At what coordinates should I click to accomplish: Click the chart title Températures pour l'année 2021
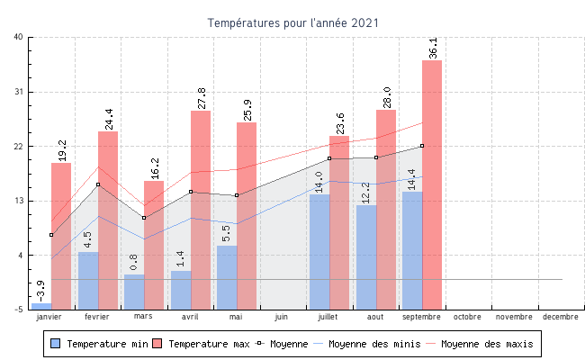pyautogui.click(x=293, y=22)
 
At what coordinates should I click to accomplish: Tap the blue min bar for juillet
pyautogui.click(x=319, y=252)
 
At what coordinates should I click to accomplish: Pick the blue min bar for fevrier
pyautogui.click(x=88, y=280)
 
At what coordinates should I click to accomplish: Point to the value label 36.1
pyautogui.click(x=434, y=48)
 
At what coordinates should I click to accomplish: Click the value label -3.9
pyautogui.click(x=40, y=290)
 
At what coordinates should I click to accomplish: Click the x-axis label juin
pyautogui.click(x=282, y=317)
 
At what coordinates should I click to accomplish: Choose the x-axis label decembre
pyautogui.click(x=561, y=317)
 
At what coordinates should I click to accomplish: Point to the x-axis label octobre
pyautogui.click(x=467, y=317)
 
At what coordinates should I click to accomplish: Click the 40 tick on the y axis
pyautogui.click(x=19, y=37)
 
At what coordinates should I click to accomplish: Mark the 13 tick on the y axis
pyautogui.click(x=19, y=201)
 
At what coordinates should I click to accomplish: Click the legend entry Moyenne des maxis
pyautogui.click(x=487, y=344)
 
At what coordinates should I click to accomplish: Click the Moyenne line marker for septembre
pyautogui.click(x=422, y=146)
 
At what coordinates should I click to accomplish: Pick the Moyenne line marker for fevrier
pyautogui.click(x=98, y=184)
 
